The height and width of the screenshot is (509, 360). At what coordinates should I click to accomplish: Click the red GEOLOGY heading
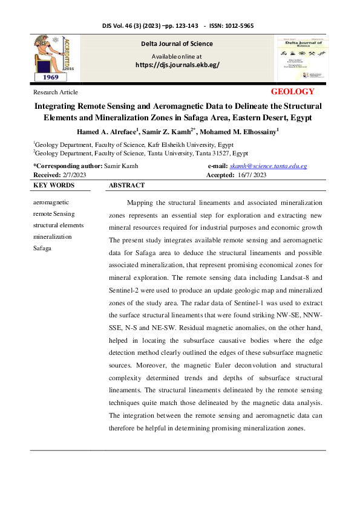[x=293, y=92]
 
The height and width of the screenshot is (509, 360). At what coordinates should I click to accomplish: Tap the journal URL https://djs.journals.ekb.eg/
[x=177, y=65]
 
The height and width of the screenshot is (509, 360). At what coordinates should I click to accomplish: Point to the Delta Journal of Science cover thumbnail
[x=300, y=59]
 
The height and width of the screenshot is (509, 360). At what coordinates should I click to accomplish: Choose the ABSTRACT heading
[x=126, y=186]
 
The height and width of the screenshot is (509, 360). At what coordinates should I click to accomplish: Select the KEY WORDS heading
[x=54, y=186]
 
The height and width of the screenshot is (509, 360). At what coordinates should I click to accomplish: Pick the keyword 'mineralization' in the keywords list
[x=53, y=236]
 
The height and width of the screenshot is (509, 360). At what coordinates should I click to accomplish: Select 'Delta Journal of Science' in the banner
[x=177, y=44]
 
